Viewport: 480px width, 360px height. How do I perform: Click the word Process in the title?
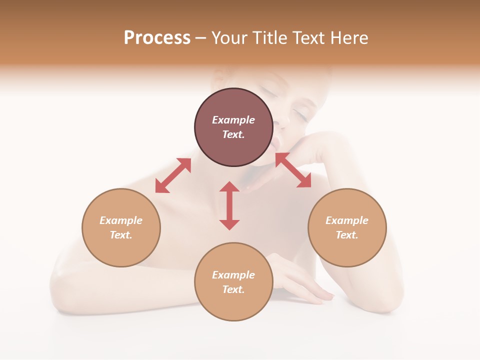coord(157,37)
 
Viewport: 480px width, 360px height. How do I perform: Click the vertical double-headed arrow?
coord(229,205)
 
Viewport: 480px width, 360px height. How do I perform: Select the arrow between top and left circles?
coord(173,175)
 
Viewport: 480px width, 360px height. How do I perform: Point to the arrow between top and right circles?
coord(293,170)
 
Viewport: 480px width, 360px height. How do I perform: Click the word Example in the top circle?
coord(233,120)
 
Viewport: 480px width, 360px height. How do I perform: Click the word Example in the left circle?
coord(121,220)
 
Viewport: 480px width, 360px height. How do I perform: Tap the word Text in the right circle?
coord(347,235)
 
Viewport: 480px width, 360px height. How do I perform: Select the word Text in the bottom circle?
coord(233,289)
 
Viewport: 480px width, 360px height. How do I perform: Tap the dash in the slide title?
coord(200,38)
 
